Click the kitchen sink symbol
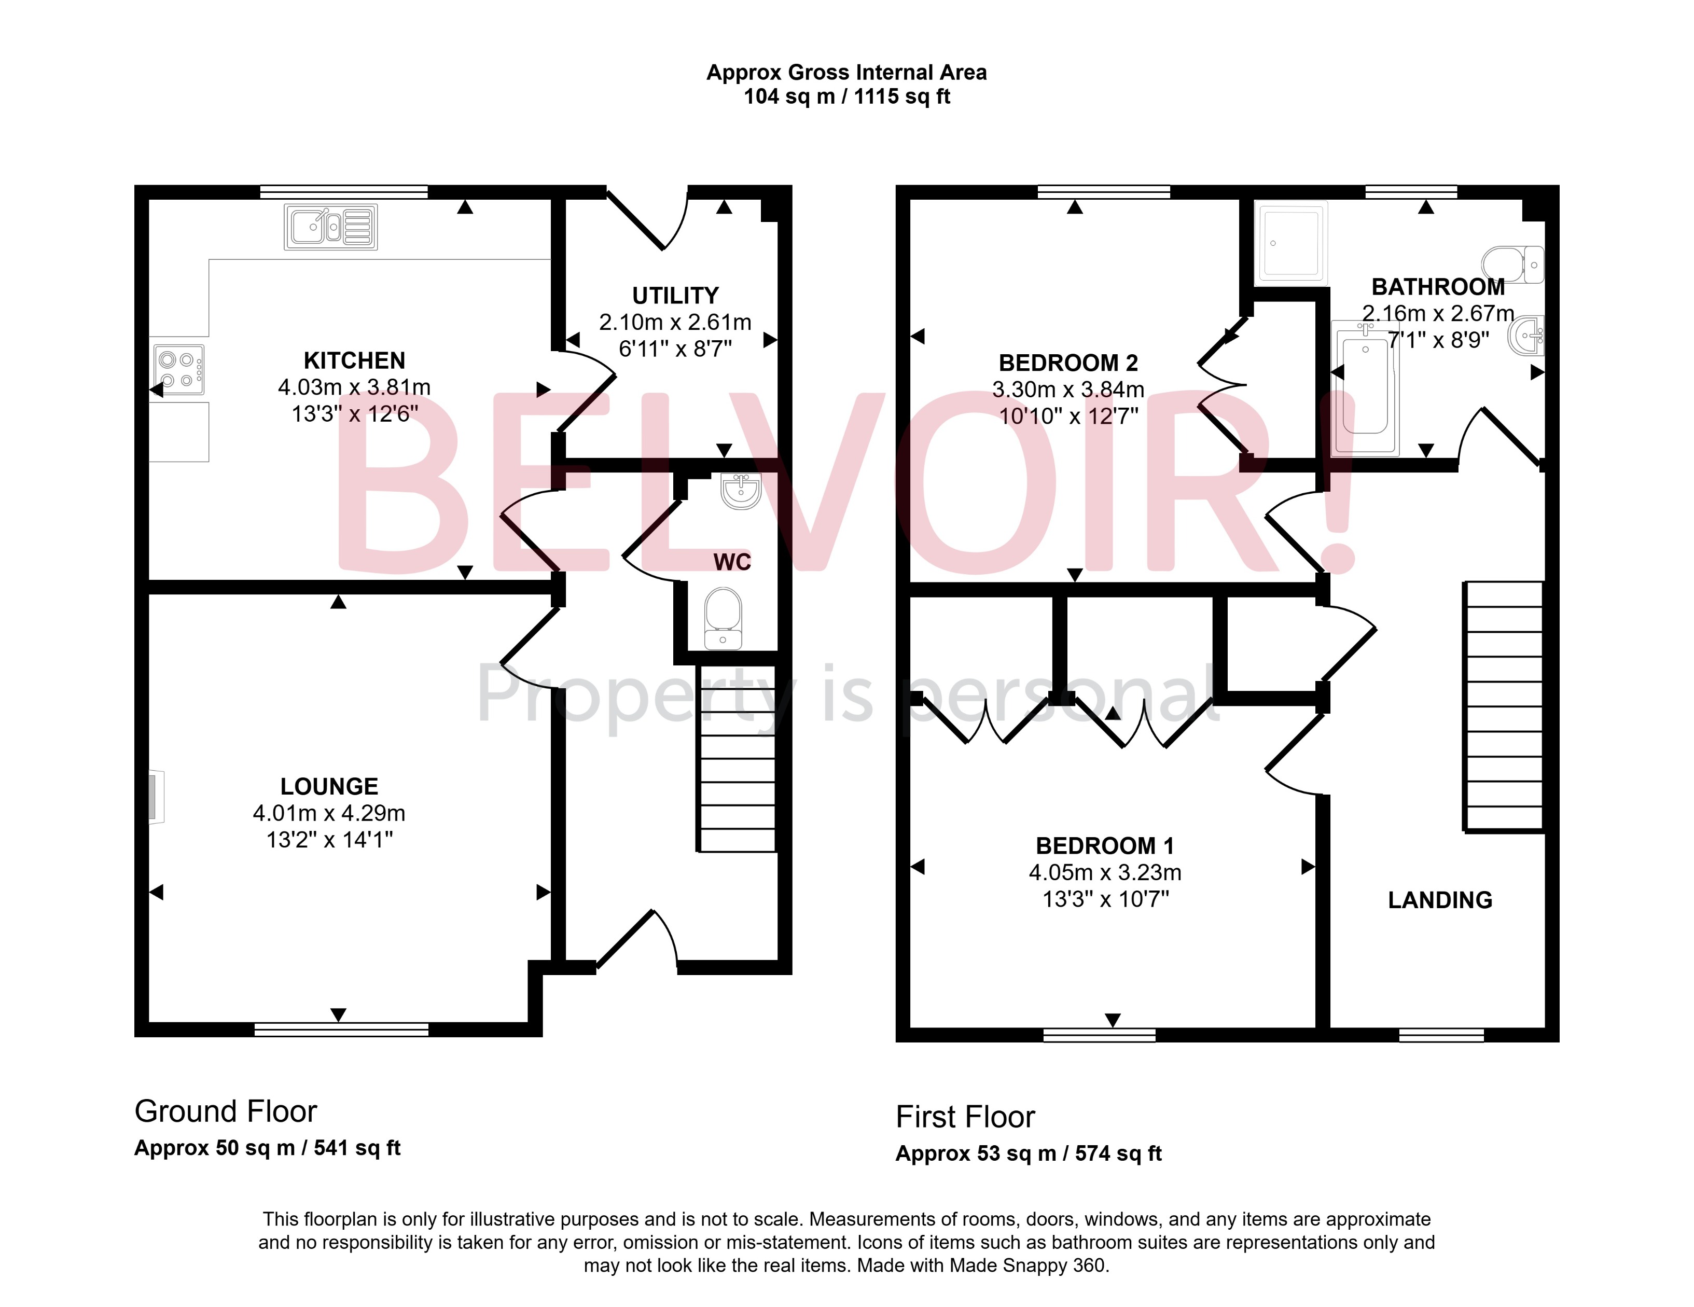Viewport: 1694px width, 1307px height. [330, 227]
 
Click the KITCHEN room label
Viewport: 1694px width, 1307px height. [354, 360]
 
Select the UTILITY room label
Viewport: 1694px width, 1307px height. [675, 296]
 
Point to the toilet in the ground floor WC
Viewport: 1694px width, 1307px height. [723, 617]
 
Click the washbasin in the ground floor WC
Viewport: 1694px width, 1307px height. [741, 490]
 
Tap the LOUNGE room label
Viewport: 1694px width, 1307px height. [329, 786]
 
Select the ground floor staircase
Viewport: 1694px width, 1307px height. [737, 759]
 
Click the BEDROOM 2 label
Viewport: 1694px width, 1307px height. [1068, 363]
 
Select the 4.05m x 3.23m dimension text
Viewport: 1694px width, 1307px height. [1104, 872]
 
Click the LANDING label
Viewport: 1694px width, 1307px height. [1440, 900]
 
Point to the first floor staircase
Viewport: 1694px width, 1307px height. [1503, 706]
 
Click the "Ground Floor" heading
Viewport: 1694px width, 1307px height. [226, 1111]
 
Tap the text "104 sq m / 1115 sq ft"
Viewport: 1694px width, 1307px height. [846, 97]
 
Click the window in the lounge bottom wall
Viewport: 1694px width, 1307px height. [341, 1030]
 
